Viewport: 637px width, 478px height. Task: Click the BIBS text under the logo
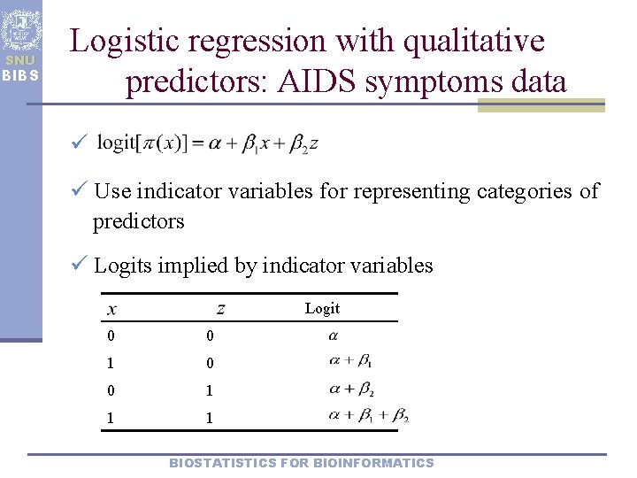click(x=19, y=74)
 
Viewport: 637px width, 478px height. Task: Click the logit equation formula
click(x=207, y=143)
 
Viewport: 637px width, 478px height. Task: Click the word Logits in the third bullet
click(x=123, y=266)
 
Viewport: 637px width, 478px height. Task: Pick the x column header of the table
click(x=111, y=309)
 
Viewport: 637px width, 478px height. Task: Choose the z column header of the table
click(x=220, y=309)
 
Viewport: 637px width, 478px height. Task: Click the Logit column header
click(x=322, y=308)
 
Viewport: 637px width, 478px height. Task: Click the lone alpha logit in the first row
click(x=333, y=336)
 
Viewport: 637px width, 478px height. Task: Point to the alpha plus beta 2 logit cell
click(x=351, y=389)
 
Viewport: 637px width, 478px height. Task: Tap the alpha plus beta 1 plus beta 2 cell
click(x=367, y=415)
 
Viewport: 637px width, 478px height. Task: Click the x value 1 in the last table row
click(x=110, y=418)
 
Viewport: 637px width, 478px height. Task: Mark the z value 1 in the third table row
click(x=210, y=390)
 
